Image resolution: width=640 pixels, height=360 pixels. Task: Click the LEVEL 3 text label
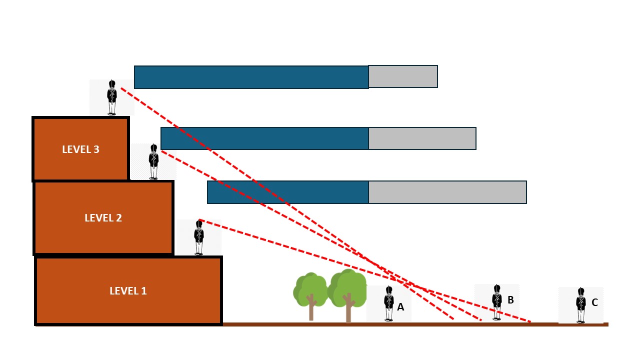80,149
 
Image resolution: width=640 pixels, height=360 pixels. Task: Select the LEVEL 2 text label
103,218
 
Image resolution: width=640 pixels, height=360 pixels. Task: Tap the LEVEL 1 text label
128,291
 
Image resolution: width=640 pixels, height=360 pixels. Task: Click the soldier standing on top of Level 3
112,97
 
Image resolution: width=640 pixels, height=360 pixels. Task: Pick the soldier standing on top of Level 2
153,161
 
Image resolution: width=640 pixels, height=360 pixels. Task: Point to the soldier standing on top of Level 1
199,238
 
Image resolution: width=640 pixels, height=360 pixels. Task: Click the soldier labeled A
389,303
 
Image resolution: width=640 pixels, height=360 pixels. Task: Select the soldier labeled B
497,302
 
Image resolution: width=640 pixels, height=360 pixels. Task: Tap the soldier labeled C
580,305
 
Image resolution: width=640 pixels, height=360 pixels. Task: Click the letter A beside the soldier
400,307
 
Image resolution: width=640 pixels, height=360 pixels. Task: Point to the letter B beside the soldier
510,300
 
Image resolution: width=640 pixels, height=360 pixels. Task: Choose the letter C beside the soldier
594,302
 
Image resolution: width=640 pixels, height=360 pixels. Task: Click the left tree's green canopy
309,287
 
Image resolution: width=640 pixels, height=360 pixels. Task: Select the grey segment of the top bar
403,76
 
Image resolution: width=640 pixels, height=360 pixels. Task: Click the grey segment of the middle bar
422,138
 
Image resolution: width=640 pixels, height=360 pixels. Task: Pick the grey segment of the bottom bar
447,192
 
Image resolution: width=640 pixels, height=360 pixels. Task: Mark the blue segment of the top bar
251,77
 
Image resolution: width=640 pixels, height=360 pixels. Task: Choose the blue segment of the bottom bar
288,192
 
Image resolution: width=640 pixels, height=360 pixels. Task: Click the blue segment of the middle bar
265,138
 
